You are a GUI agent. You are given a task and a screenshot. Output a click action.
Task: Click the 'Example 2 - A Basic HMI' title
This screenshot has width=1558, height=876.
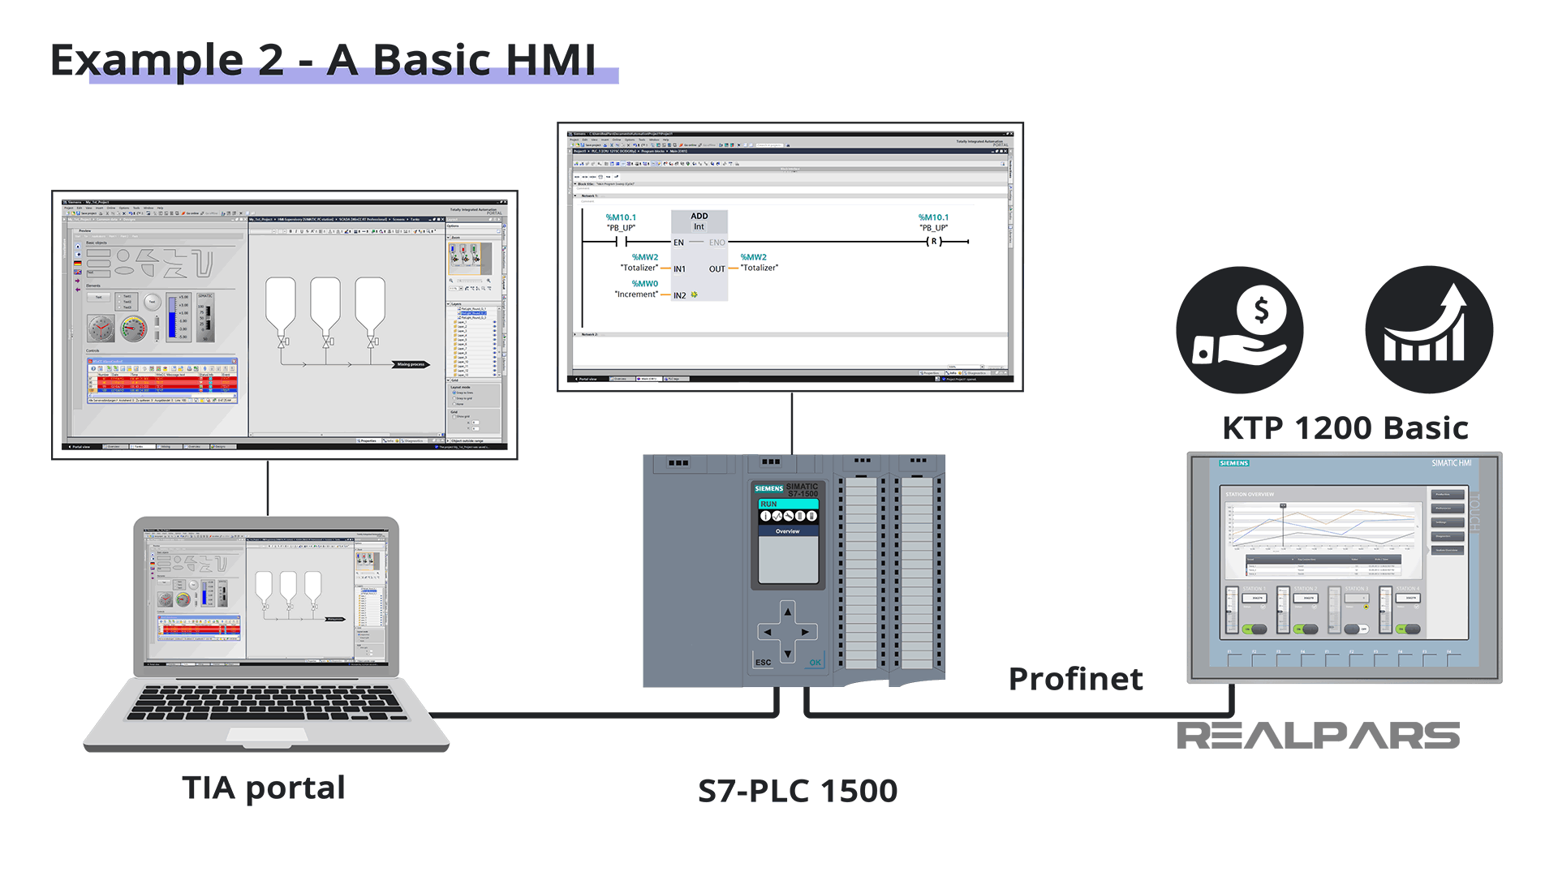(x=323, y=60)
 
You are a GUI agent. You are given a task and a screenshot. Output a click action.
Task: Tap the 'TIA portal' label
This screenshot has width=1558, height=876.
(x=264, y=788)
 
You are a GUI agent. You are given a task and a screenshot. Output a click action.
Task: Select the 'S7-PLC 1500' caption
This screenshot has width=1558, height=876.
(x=798, y=791)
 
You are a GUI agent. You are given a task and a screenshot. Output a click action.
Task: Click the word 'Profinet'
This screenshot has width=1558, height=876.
(x=1075, y=679)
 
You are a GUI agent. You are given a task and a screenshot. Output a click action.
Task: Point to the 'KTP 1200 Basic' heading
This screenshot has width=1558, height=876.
(x=1345, y=427)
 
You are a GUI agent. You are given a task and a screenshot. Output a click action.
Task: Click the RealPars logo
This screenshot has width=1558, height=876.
(x=1318, y=736)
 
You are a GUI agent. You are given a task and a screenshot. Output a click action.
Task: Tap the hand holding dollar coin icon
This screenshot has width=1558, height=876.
(x=1239, y=330)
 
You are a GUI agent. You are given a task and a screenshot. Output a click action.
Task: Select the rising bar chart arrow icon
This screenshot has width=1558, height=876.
(x=1428, y=330)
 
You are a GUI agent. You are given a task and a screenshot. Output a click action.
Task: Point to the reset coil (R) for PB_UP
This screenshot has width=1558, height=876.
(x=934, y=242)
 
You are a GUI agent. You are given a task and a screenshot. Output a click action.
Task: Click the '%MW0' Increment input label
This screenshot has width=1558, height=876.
(x=645, y=284)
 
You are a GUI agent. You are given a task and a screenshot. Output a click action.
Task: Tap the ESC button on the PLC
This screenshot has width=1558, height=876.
(x=763, y=663)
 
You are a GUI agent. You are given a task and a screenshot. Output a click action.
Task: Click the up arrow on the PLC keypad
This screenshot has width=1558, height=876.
(x=787, y=612)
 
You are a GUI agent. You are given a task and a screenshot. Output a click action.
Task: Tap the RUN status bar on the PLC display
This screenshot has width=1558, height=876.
(x=787, y=504)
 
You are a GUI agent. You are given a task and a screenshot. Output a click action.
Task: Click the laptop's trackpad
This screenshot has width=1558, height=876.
(x=266, y=735)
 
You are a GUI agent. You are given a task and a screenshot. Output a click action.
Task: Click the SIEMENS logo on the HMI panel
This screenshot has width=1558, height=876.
(x=1233, y=463)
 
